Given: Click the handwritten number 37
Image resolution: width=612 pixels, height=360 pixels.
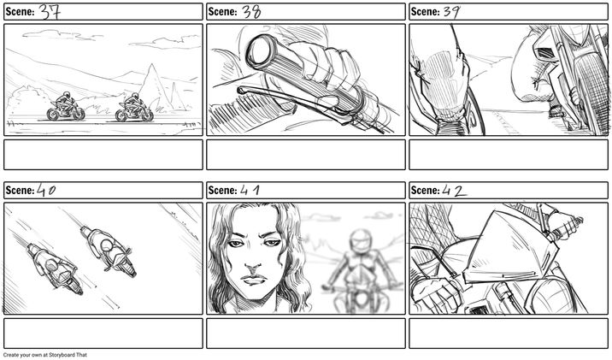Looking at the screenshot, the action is (50, 12).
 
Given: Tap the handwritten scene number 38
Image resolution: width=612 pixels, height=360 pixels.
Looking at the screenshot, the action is (251, 12).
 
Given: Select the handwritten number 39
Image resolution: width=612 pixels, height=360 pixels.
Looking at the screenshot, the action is (451, 12).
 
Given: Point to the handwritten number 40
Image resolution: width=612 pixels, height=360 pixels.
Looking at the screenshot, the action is (46, 190).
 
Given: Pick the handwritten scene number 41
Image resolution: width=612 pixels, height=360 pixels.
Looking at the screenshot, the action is (250, 190).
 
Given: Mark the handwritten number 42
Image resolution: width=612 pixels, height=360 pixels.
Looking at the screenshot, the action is (454, 191).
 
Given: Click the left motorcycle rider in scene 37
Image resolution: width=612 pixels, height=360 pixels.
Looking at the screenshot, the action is (65, 107).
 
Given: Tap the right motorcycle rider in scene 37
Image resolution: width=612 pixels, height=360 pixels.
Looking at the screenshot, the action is (134, 108).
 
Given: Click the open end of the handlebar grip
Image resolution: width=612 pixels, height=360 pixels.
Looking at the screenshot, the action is (257, 49).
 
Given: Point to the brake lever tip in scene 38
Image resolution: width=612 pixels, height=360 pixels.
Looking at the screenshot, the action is (239, 90).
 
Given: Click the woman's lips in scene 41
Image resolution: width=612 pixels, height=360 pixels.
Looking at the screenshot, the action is (254, 280).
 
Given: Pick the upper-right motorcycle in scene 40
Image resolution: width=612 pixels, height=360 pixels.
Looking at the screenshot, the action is (109, 251).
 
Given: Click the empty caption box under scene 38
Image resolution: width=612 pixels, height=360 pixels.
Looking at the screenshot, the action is (306, 155).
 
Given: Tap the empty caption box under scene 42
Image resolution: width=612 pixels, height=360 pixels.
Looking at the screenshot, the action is (509, 333).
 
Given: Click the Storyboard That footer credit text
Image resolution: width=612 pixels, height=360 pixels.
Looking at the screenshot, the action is (45, 355).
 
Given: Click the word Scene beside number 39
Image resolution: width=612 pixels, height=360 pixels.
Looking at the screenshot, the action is (426, 12).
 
